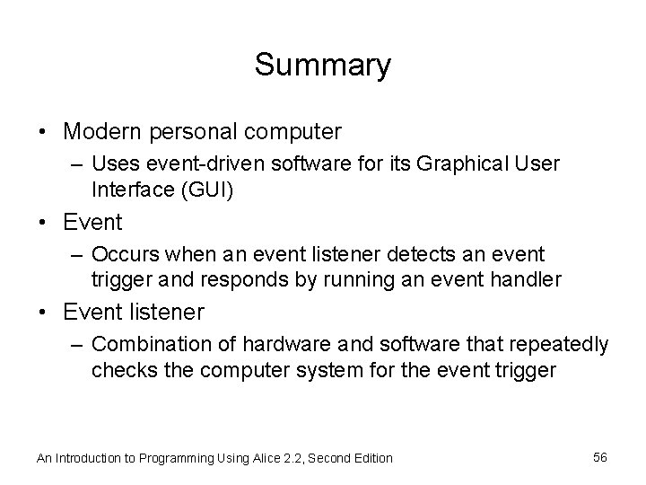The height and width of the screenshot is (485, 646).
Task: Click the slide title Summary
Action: (322, 65)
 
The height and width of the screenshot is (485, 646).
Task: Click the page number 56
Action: (600, 457)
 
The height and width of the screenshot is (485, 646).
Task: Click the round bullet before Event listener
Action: (43, 313)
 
